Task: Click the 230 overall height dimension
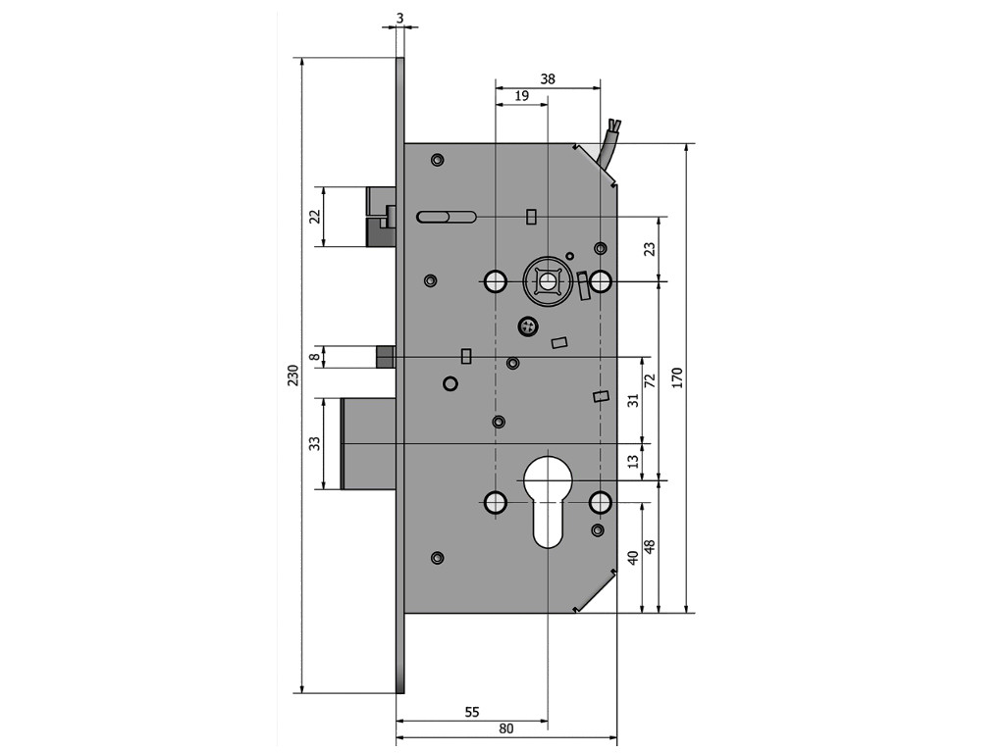pyautogui.click(x=292, y=376)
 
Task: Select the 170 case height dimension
pyautogui.click(x=676, y=377)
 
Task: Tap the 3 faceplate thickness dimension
pyautogui.click(x=400, y=17)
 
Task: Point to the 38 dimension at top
pyautogui.click(x=548, y=79)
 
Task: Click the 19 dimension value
pyautogui.click(x=522, y=96)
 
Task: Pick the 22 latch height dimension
pyautogui.click(x=315, y=216)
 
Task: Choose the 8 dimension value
pyautogui.click(x=315, y=357)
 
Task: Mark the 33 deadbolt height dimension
pyautogui.click(x=315, y=443)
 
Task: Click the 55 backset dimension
pyautogui.click(x=471, y=713)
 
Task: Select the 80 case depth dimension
pyautogui.click(x=506, y=728)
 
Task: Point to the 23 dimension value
pyautogui.click(x=649, y=249)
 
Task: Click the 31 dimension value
pyautogui.click(x=633, y=399)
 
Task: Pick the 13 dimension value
pyautogui.click(x=633, y=459)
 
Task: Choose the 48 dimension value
pyautogui.click(x=649, y=547)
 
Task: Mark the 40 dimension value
pyautogui.click(x=633, y=556)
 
